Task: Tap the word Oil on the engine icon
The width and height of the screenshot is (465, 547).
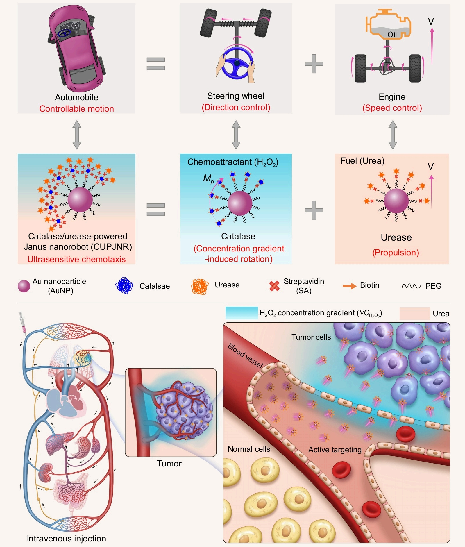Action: (x=392, y=35)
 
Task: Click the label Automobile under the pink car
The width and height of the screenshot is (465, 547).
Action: (x=76, y=97)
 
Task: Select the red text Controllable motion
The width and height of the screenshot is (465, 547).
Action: (x=76, y=109)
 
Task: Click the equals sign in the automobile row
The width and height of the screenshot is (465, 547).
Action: (x=156, y=64)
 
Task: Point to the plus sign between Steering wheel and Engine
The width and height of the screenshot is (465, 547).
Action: (x=314, y=63)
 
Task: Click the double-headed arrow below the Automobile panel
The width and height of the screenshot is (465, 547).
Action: (x=77, y=135)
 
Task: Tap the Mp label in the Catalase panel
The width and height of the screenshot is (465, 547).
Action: (x=208, y=178)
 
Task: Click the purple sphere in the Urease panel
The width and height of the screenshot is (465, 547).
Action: (x=396, y=201)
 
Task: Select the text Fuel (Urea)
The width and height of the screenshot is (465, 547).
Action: (x=362, y=161)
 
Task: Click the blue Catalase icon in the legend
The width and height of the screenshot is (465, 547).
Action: (x=124, y=285)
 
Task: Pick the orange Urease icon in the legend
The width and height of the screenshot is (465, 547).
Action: (x=200, y=286)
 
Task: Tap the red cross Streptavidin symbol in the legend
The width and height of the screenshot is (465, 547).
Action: (x=274, y=286)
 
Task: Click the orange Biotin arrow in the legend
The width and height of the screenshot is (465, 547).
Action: (x=349, y=286)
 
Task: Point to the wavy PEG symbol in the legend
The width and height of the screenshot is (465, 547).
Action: (x=411, y=286)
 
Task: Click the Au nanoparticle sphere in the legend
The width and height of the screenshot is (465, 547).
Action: (x=24, y=286)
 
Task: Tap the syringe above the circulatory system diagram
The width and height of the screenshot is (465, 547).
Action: (x=22, y=323)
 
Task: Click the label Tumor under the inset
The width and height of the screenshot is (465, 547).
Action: (x=169, y=463)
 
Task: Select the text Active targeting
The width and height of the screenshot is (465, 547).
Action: (x=335, y=450)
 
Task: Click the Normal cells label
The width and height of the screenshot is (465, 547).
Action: (x=249, y=449)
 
